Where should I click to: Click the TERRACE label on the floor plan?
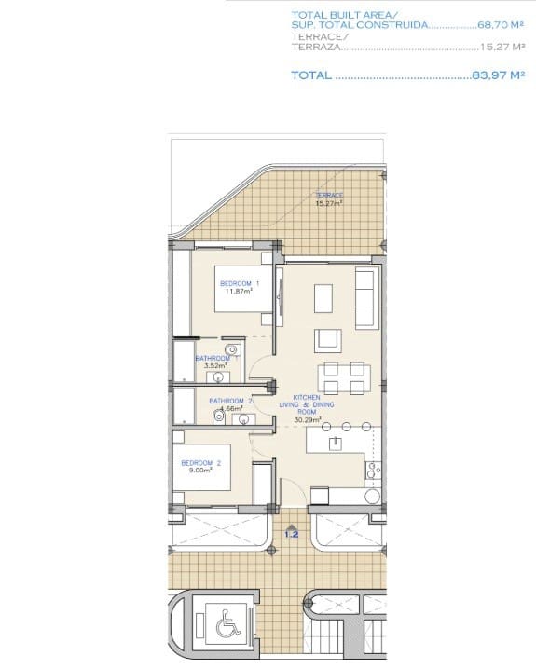pos(329,196)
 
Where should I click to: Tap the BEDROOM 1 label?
pos(239,282)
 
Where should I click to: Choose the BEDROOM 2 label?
pos(199,463)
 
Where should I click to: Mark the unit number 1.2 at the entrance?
pos(291,534)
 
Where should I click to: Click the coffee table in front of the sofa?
pos(323,297)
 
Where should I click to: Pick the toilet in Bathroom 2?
pos(220,417)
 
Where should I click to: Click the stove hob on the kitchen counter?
pos(373,472)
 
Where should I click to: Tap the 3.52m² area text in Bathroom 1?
pos(216,366)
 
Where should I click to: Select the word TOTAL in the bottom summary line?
pos(310,75)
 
